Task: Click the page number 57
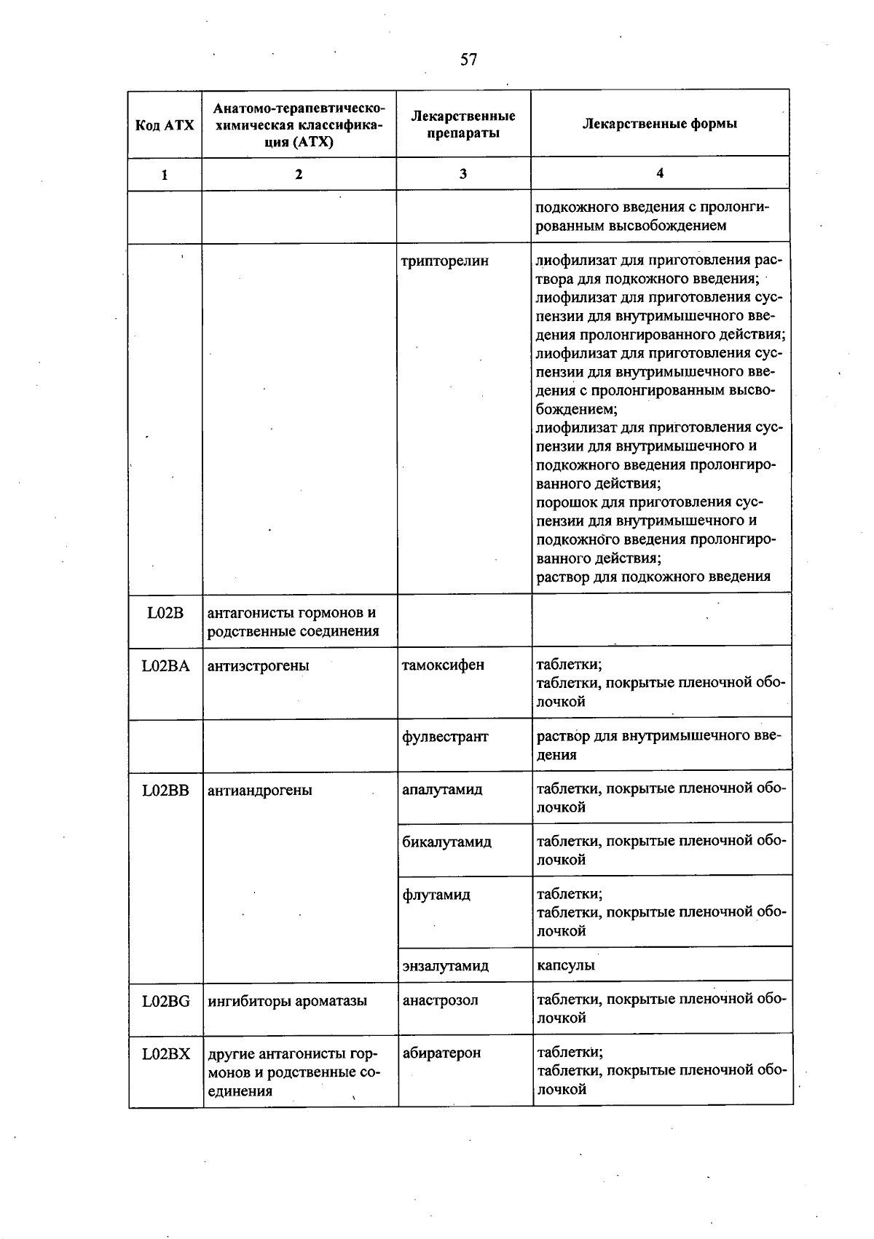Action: point(468,60)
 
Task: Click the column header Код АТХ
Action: point(165,124)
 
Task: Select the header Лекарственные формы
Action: point(659,124)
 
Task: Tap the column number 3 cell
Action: point(463,174)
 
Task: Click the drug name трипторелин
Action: point(444,261)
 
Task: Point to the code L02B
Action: point(165,613)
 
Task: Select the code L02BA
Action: point(166,665)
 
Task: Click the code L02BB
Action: point(166,790)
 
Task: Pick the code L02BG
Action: point(166,1001)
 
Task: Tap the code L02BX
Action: point(166,1053)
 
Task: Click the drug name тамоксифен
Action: point(443,665)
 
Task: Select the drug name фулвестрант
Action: point(445,737)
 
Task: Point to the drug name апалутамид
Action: point(442,790)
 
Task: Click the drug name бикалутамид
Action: point(446,842)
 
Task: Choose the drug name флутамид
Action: point(436,895)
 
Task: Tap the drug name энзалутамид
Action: point(445,966)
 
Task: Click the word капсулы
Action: point(565,965)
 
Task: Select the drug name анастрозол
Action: point(441,1000)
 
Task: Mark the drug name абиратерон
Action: point(441,1053)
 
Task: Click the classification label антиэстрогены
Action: point(258,665)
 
